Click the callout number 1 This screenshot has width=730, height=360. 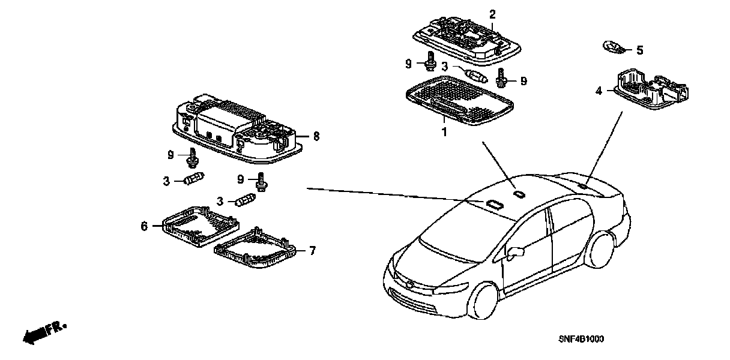tap(444, 132)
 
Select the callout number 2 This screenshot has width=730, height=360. tap(492, 14)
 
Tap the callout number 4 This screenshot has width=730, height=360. tap(599, 91)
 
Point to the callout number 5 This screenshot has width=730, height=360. tap(640, 50)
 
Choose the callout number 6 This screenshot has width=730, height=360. tap(144, 226)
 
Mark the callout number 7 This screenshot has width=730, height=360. tap(312, 251)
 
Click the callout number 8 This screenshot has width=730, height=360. tap(316, 136)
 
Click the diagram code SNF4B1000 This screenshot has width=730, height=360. tap(581, 339)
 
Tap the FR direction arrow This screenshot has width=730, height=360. tap(44, 333)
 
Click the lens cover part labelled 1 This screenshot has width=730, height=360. tap(459, 100)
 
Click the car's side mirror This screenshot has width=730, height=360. tap(516, 253)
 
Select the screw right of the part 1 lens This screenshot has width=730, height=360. tap(501, 78)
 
